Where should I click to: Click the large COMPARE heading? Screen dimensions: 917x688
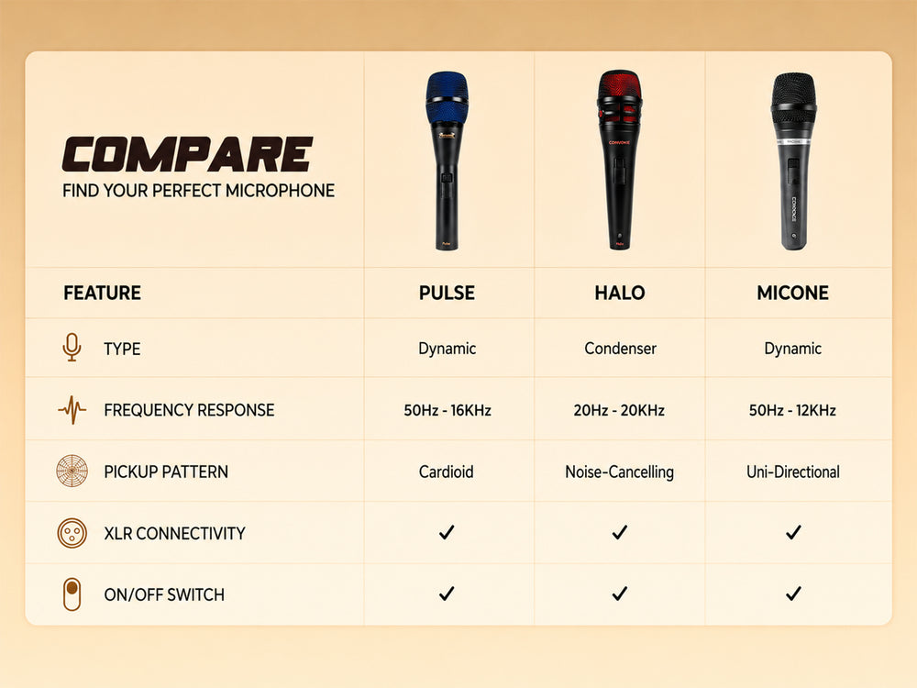[x=187, y=154]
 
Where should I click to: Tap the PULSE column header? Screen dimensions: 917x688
[x=447, y=293]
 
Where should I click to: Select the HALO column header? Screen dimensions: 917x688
[x=620, y=293]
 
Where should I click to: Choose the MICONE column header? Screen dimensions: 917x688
[x=792, y=293]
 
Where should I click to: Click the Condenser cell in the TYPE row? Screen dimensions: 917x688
[x=620, y=349]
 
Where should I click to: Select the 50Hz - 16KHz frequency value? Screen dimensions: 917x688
[x=447, y=410]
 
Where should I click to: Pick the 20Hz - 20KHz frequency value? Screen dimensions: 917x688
[x=619, y=410]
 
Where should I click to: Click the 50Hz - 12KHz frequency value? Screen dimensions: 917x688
[x=792, y=410]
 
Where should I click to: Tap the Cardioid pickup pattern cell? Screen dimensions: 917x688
[x=447, y=472]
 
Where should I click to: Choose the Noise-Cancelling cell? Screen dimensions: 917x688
[x=619, y=472]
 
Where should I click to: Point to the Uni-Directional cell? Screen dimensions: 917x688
[x=793, y=472]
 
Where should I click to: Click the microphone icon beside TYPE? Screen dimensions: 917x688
[x=72, y=348]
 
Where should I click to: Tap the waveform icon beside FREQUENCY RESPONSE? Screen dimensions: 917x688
[x=72, y=409]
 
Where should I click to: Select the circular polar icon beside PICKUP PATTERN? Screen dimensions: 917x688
[x=72, y=471]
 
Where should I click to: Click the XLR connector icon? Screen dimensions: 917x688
[x=72, y=533]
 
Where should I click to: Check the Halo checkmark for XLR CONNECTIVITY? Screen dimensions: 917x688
[x=620, y=532]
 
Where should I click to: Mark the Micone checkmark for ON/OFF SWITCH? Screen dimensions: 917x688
[x=793, y=594]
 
